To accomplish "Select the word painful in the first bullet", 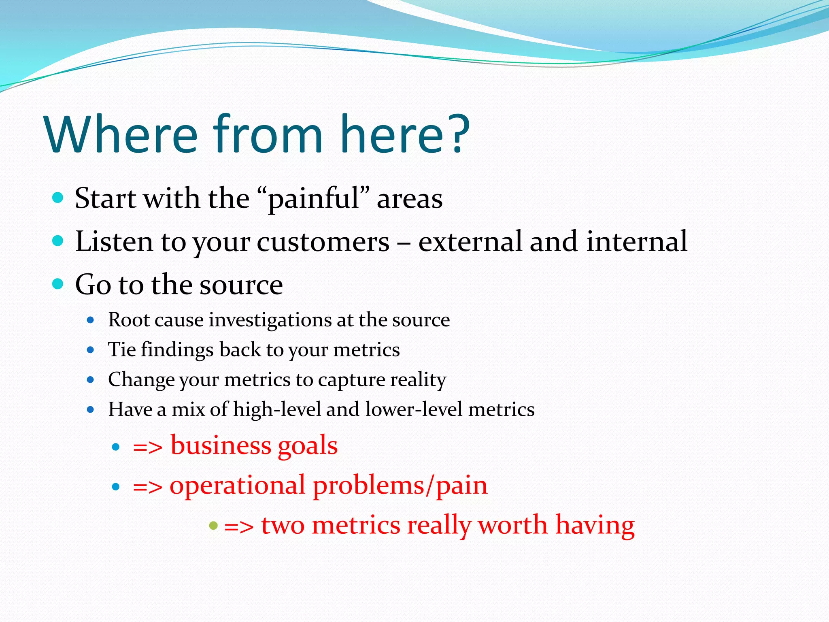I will (313, 199).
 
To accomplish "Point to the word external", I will (470, 242).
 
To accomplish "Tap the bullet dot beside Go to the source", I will (58, 283).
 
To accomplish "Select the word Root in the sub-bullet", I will (129, 320).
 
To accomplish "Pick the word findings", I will (177, 350).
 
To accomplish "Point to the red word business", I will (221, 445).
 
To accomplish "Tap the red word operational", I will (237, 486).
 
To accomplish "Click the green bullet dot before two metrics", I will (213, 526).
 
